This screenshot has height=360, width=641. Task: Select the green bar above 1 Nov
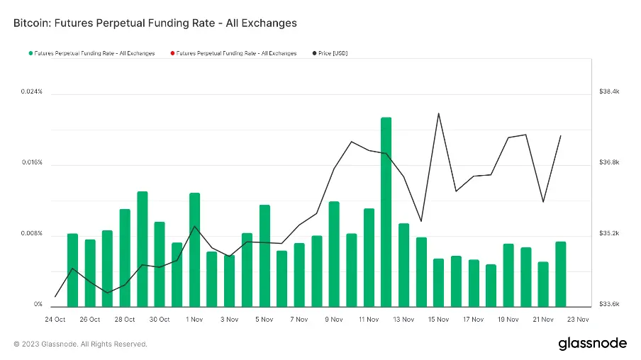[x=194, y=249]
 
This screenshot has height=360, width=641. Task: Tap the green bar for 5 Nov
[x=264, y=255]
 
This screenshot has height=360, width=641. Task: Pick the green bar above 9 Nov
[x=334, y=254]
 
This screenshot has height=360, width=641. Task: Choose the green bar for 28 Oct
[x=125, y=257]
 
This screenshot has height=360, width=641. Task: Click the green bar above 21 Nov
[x=543, y=283]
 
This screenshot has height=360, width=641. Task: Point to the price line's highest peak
[x=439, y=113]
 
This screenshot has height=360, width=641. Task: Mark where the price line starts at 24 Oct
[x=55, y=296]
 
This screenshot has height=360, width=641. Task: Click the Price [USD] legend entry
[x=333, y=53]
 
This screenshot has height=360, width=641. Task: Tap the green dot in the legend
[x=30, y=53]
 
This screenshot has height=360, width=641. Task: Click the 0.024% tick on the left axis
[x=31, y=92]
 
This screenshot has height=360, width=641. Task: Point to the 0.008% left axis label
[x=31, y=234]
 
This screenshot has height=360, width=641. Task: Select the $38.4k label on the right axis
[x=610, y=92]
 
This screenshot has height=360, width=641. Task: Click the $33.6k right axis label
[x=610, y=305]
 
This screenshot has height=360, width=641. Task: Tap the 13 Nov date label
[x=403, y=320]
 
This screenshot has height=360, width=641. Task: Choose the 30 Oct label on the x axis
[x=160, y=320]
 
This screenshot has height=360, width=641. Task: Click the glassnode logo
[x=592, y=344]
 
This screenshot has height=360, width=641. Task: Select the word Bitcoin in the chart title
[x=31, y=23]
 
